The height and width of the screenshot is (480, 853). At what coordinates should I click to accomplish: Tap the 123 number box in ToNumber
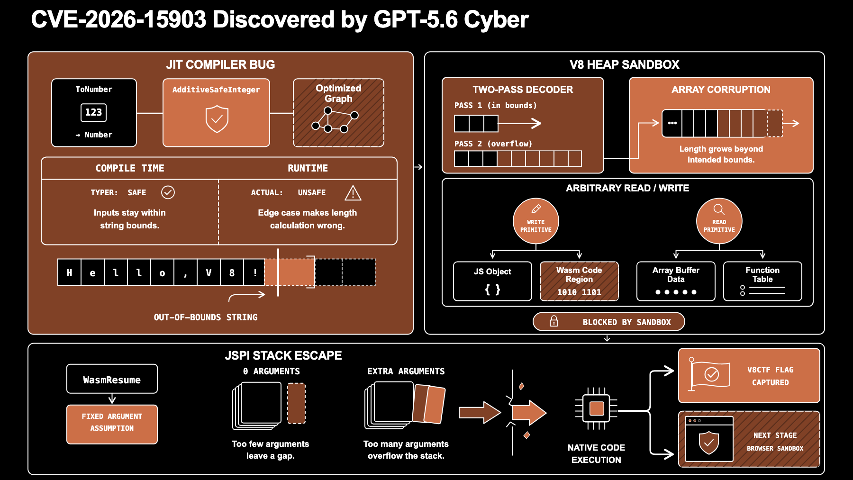click(93, 112)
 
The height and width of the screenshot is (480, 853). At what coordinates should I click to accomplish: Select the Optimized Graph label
click(338, 93)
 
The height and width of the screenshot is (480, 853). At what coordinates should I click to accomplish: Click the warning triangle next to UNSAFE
click(353, 193)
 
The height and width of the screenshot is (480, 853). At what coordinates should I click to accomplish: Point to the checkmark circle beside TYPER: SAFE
click(168, 192)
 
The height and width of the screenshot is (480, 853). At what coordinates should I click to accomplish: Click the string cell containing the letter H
click(69, 272)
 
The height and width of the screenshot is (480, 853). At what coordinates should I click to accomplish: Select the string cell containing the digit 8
click(232, 272)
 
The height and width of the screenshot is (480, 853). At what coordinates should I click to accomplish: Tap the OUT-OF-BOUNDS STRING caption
click(206, 317)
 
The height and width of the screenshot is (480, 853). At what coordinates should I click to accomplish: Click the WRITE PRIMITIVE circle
click(536, 221)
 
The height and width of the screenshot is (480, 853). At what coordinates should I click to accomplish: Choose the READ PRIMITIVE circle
click(719, 221)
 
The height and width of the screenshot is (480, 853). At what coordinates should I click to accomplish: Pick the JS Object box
click(492, 281)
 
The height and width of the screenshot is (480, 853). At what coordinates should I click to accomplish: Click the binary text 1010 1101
click(579, 292)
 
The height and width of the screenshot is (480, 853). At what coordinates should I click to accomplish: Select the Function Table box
click(762, 281)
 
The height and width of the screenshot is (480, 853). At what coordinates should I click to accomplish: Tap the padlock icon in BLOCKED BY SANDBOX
click(554, 321)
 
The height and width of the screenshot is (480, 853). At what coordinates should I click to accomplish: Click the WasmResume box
click(112, 379)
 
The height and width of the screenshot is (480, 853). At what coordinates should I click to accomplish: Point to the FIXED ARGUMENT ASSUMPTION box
click(112, 424)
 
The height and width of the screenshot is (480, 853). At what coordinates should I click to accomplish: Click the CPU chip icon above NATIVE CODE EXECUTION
click(596, 408)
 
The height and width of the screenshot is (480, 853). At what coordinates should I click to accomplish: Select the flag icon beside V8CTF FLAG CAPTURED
click(709, 374)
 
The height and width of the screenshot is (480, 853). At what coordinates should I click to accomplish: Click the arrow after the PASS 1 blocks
click(519, 124)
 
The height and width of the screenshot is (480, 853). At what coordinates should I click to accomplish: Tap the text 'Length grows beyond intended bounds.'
click(721, 154)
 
